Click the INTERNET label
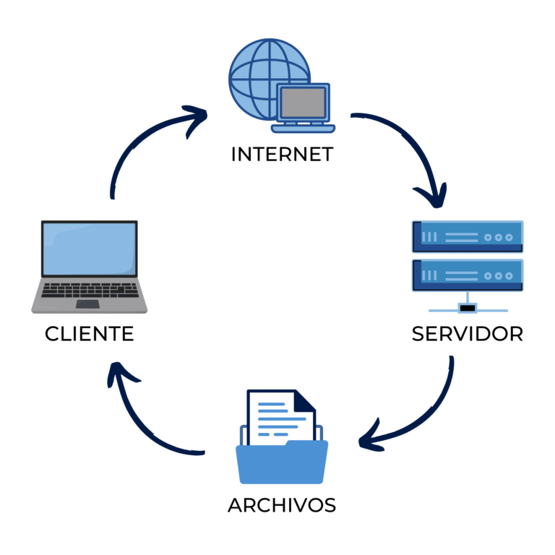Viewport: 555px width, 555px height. (281, 154)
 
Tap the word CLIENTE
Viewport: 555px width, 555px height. (89, 334)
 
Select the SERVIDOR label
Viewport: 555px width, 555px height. (467, 334)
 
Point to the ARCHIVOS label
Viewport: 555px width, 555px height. (282, 505)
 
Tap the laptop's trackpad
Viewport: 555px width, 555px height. (88, 304)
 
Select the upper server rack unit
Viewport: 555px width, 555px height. (467, 236)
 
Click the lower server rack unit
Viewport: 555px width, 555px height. (467, 275)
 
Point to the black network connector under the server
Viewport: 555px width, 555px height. (468, 309)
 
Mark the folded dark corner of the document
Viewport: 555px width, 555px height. (304, 400)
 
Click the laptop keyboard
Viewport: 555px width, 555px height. (89, 290)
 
